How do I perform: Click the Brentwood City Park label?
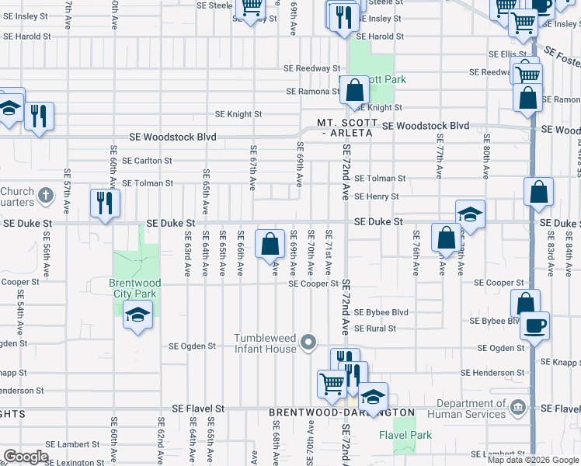click(133, 288)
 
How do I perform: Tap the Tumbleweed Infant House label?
click(266, 343)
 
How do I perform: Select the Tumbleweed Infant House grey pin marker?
click(309, 342)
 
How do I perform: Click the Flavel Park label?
click(405, 435)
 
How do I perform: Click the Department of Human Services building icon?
click(517, 408)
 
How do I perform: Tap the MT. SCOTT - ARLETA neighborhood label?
click(347, 128)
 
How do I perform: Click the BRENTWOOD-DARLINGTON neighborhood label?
click(342, 413)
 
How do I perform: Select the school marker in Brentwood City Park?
click(137, 315)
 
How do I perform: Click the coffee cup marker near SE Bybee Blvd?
click(534, 325)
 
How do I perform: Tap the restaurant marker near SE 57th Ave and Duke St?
click(104, 203)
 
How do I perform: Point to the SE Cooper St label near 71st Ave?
click(314, 284)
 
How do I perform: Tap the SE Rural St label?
click(375, 329)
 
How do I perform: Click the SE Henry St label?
click(377, 196)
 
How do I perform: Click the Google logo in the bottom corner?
click(26, 457)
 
